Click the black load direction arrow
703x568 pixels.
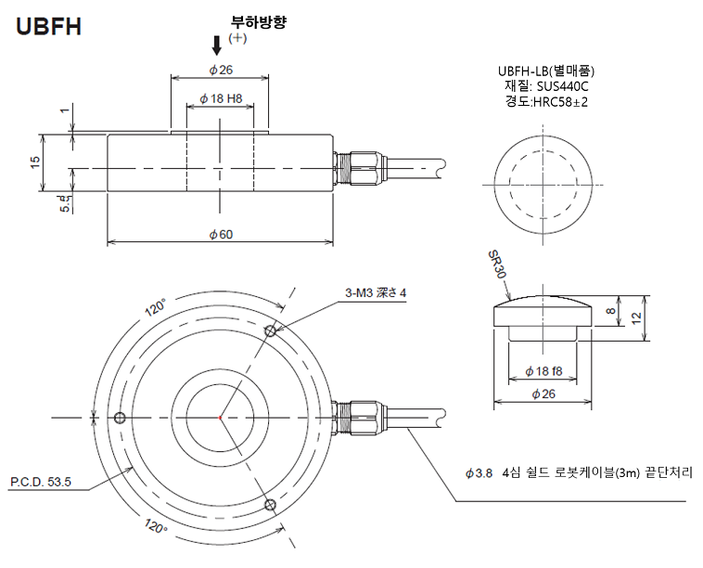(218, 43)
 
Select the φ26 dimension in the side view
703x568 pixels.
(220, 70)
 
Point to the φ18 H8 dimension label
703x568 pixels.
(220, 98)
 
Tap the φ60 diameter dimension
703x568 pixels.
(220, 234)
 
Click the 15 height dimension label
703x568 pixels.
(35, 162)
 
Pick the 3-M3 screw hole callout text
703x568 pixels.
(376, 293)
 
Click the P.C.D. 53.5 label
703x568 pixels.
(41, 482)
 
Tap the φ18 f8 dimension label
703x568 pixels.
(543, 371)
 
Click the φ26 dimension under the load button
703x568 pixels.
(543, 394)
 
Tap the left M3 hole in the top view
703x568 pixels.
(118, 419)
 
